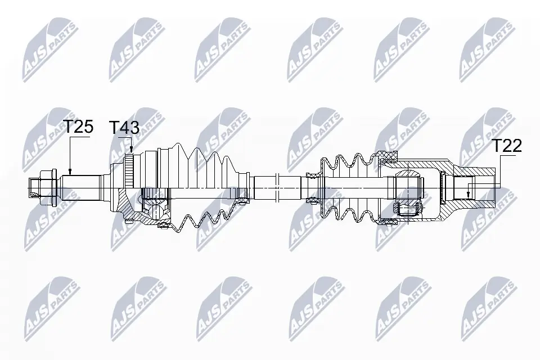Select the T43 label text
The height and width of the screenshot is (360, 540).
(x=124, y=128)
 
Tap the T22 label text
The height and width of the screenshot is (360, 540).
(x=507, y=146)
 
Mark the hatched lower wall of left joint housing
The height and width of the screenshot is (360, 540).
(x=141, y=217)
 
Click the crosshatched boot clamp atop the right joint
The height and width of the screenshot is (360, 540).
(x=387, y=156)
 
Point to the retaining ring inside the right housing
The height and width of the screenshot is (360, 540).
(x=444, y=186)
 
